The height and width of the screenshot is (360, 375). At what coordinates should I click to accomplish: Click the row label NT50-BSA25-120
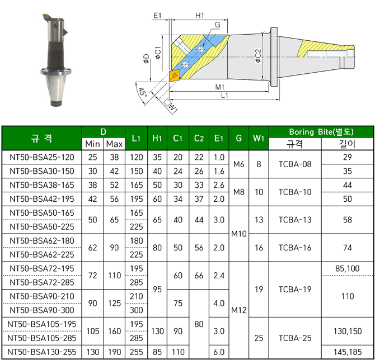pyautogui.click(x=42, y=157)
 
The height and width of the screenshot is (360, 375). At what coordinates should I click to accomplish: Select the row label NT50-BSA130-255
pyautogui.click(x=42, y=352)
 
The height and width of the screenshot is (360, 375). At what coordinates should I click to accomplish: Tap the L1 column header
pyautogui.click(x=136, y=138)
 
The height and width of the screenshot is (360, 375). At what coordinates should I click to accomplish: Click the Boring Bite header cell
pyautogui.click(x=321, y=132)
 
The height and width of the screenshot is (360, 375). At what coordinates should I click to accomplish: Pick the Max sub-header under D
pyautogui.click(x=114, y=144)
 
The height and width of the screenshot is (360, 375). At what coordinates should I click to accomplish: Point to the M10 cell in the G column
pyautogui.click(x=238, y=234)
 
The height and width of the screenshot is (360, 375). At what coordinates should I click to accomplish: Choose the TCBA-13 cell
pyautogui.click(x=295, y=220)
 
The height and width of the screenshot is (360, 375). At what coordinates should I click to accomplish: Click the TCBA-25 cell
pyautogui.click(x=295, y=338)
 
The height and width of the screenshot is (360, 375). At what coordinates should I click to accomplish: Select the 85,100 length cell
pyautogui.click(x=347, y=268)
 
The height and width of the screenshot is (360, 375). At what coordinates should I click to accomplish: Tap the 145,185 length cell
pyautogui.click(x=347, y=352)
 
